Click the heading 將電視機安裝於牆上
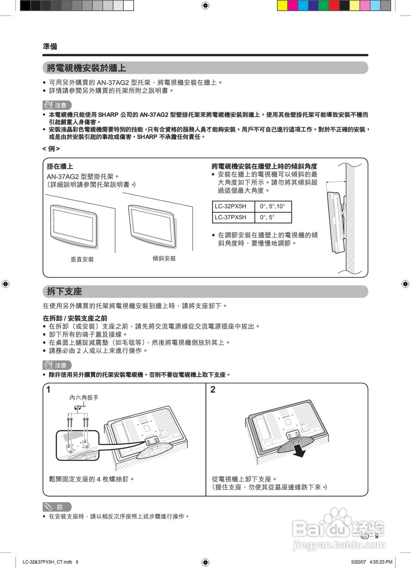click(x=87, y=68)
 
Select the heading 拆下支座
click(x=65, y=292)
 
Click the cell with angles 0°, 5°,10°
click(x=273, y=206)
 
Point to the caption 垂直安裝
click(x=82, y=259)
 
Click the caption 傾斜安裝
click(x=164, y=258)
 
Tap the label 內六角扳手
click(x=84, y=398)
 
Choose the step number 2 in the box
click(x=213, y=390)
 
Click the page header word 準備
click(x=50, y=46)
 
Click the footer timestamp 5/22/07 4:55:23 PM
click(x=371, y=562)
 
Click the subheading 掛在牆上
click(x=60, y=166)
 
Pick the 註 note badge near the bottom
click(x=57, y=507)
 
